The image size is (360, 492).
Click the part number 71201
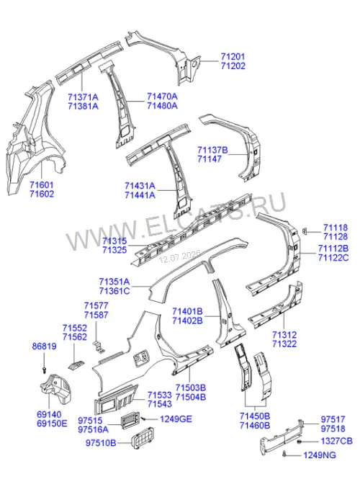[233, 57]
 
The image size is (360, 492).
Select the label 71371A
[83, 97]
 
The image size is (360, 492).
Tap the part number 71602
[42, 194]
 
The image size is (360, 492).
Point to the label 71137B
[212, 150]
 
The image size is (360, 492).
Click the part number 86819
[44, 346]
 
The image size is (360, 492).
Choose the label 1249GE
[176, 419]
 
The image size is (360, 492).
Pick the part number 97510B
[101, 443]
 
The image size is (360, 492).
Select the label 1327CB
[336, 441]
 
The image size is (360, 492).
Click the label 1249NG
[320, 455]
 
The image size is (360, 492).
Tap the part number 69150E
[52, 424]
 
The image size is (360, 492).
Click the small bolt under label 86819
[44, 370]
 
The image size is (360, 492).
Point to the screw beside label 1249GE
[144, 419]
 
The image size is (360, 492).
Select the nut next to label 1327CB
[300, 442]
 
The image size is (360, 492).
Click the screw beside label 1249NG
[284, 453]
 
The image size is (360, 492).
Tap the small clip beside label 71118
[304, 231]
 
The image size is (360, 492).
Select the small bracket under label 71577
[99, 346]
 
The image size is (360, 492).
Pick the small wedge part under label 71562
[76, 365]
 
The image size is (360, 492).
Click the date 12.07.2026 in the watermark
[179, 256]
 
